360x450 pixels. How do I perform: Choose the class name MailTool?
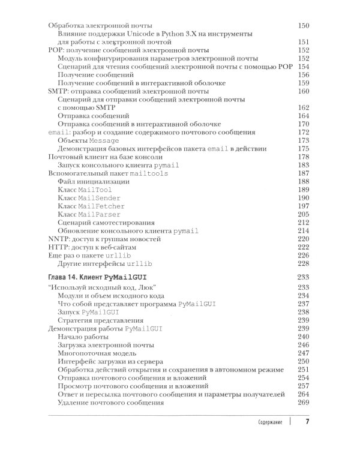95,189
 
